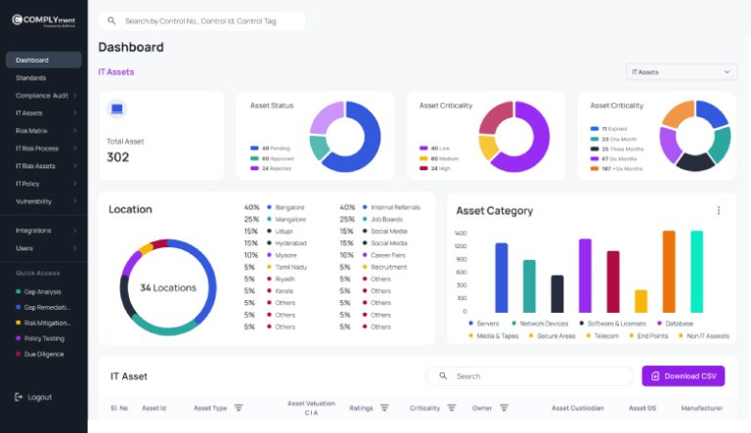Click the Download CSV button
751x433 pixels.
(683, 375)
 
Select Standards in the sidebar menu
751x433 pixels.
(31, 77)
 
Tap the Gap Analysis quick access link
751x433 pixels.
(43, 291)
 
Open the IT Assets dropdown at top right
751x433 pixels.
(681, 72)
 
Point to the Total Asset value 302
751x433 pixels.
(118, 157)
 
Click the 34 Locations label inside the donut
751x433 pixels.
(167, 287)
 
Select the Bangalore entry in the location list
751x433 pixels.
(289, 207)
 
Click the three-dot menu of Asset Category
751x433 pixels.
(719, 210)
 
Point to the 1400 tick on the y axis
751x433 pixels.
(461, 234)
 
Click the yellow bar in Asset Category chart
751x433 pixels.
(641, 300)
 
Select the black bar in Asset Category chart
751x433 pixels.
(557, 293)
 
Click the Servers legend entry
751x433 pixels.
(487, 323)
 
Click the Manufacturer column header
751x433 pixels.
(701, 408)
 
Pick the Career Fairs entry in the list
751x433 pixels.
(388, 254)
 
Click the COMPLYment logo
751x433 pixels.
(43, 20)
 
